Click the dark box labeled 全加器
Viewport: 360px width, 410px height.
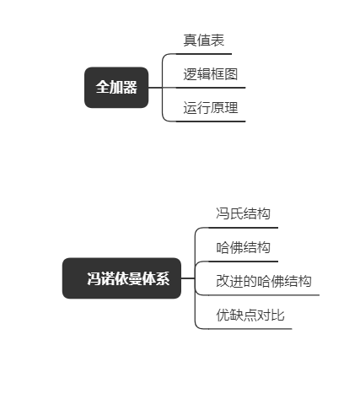[x=116, y=88]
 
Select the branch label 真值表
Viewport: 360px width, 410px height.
[x=204, y=40]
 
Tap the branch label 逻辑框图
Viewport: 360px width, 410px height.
[x=211, y=74]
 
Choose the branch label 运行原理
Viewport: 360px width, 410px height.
[x=211, y=108]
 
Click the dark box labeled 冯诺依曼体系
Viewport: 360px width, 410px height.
[x=121, y=278]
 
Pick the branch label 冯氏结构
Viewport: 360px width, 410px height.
[x=243, y=213]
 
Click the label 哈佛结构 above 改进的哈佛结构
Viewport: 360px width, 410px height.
[x=243, y=247]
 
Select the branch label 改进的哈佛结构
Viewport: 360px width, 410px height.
[x=264, y=281]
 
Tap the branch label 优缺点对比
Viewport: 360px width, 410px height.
[x=250, y=315]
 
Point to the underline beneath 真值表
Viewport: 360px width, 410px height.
[x=203, y=54]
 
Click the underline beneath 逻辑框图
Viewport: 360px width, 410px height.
[x=211, y=88]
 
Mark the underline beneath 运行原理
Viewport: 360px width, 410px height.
[x=211, y=121]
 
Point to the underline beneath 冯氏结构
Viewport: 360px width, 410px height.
[x=243, y=228]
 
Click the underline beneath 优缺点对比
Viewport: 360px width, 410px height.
[x=250, y=329]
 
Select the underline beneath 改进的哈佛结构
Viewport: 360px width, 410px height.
[x=264, y=295]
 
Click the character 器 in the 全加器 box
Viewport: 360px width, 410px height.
[x=130, y=87]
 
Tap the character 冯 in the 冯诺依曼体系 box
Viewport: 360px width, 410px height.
[x=94, y=278]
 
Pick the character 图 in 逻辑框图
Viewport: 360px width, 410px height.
[x=231, y=74]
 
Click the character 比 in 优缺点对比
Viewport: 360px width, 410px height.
[x=277, y=315]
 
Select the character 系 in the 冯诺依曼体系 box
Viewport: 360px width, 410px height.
[x=163, y=278]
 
